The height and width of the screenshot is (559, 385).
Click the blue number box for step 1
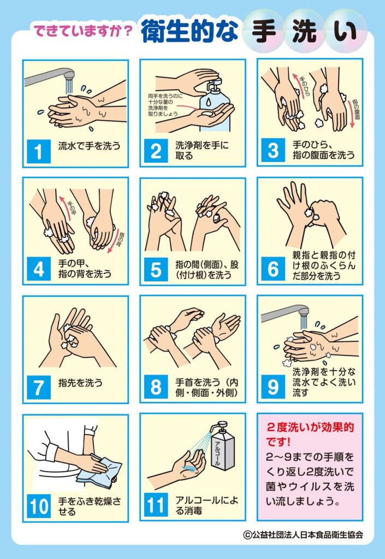tap(39, 152)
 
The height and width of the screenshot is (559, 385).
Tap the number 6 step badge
tap(273, 269)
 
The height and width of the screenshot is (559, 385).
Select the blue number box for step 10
tap(39, 506)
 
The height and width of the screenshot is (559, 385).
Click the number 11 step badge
tap(156, 506)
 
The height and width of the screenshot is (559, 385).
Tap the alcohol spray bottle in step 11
tap(222, 445)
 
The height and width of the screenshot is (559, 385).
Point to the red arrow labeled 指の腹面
tap(352, 114)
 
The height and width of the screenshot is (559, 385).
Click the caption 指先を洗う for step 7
tap(81, 383)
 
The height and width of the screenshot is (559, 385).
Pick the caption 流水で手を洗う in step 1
tap(90, 145)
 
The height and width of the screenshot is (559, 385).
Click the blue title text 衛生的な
tap(189, 31)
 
